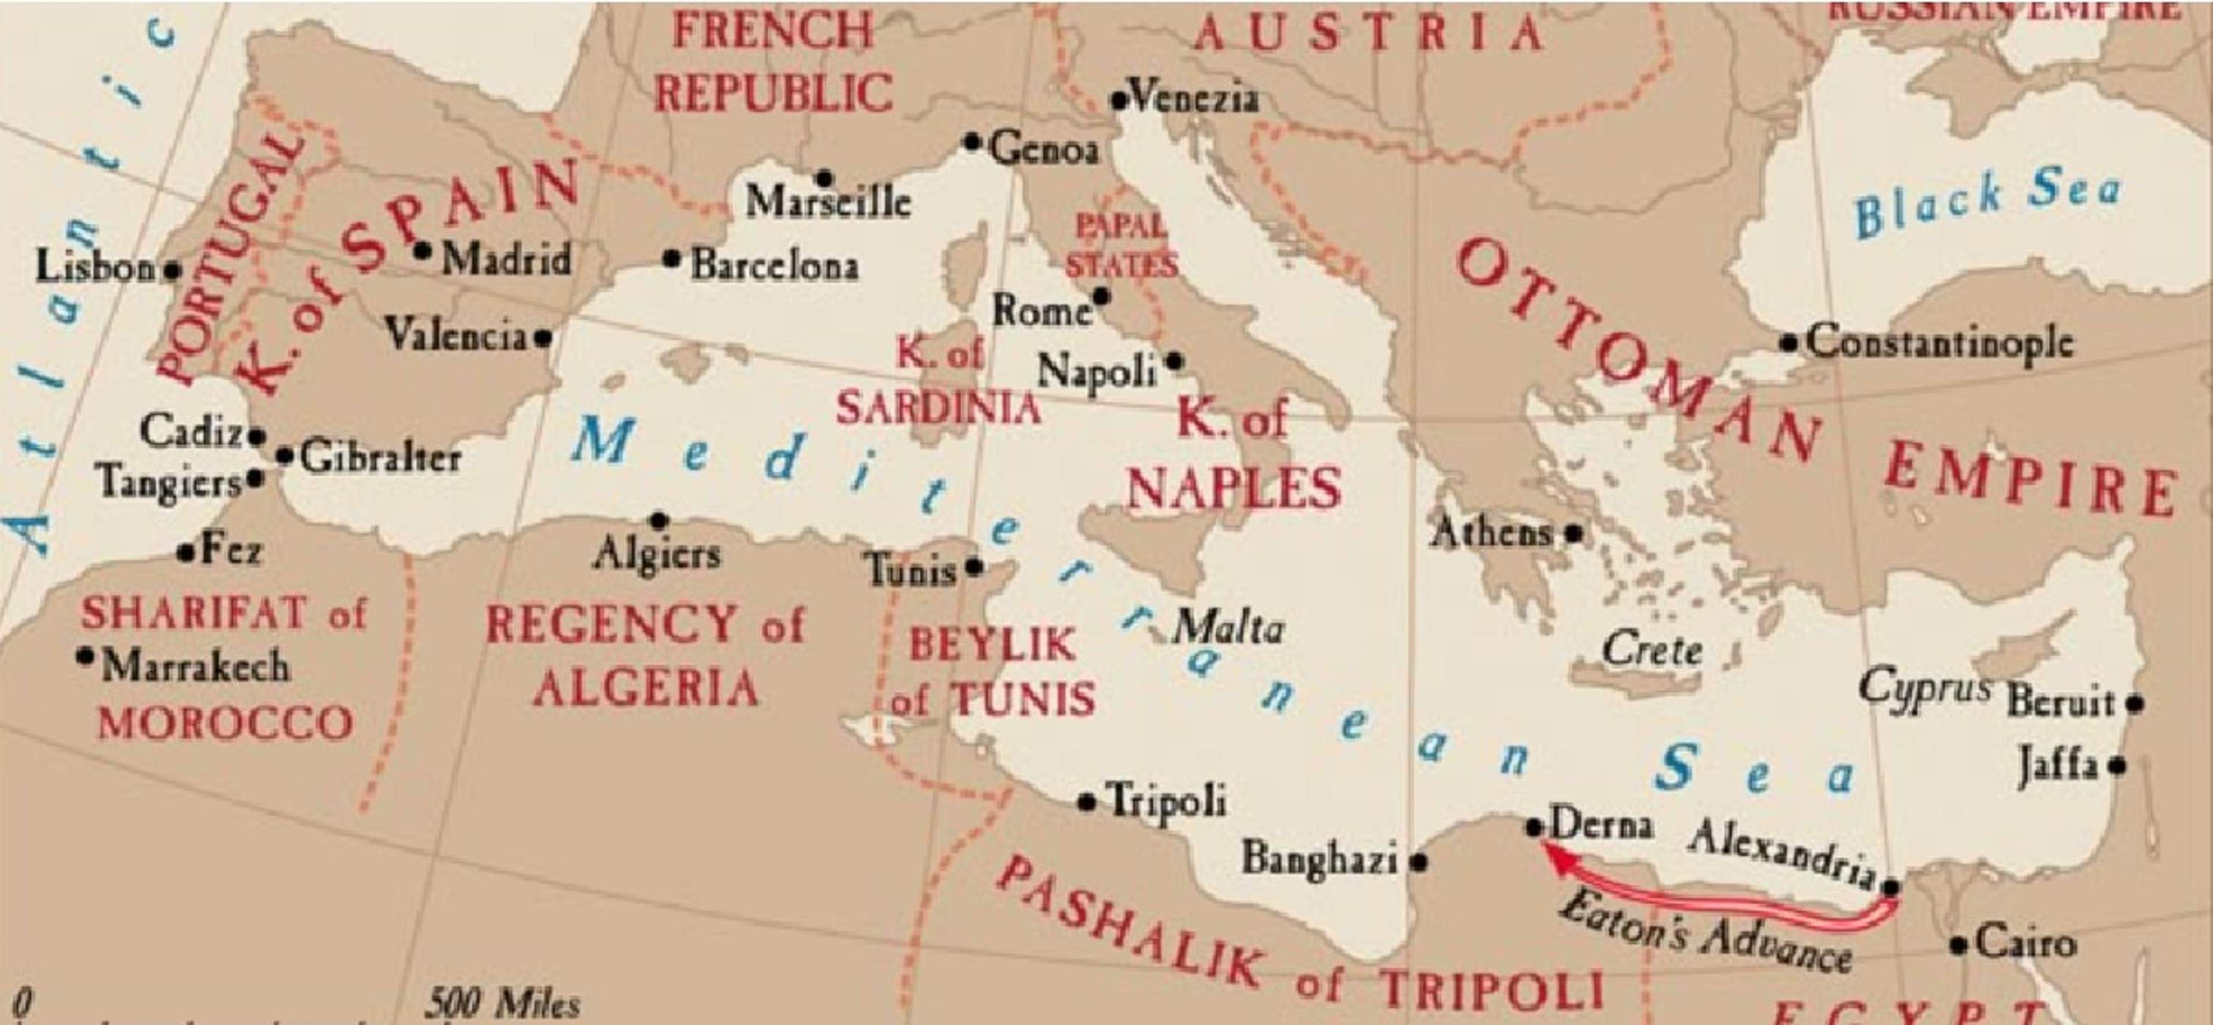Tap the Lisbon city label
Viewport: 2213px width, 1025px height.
coord(95,267)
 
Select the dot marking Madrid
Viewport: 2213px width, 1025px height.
coord(422,251)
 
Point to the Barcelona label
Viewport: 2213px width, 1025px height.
coord(774,264)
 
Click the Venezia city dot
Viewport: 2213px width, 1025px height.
coord(1119,100)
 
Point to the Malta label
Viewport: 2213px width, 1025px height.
coord(1228,628)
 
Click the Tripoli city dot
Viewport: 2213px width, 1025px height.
coord(1087,802)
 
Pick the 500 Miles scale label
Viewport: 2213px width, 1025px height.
coord(504,1002)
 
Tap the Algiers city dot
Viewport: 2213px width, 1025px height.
coord(659,521)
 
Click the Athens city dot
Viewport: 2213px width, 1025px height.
coord(1573,533)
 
